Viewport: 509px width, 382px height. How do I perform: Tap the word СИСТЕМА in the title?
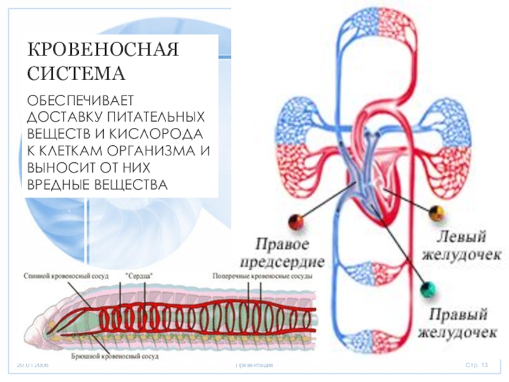click(x=76, y=73)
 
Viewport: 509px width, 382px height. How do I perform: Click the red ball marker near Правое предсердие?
click(x=295, y=221)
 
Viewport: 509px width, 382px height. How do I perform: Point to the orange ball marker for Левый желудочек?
click(x=436, y=213)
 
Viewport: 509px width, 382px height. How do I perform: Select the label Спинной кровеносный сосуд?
click(x=66, y=276)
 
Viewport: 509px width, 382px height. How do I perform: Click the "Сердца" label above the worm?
click(x=139, y=276)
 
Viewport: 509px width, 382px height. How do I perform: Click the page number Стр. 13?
click(x=477, y=365)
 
